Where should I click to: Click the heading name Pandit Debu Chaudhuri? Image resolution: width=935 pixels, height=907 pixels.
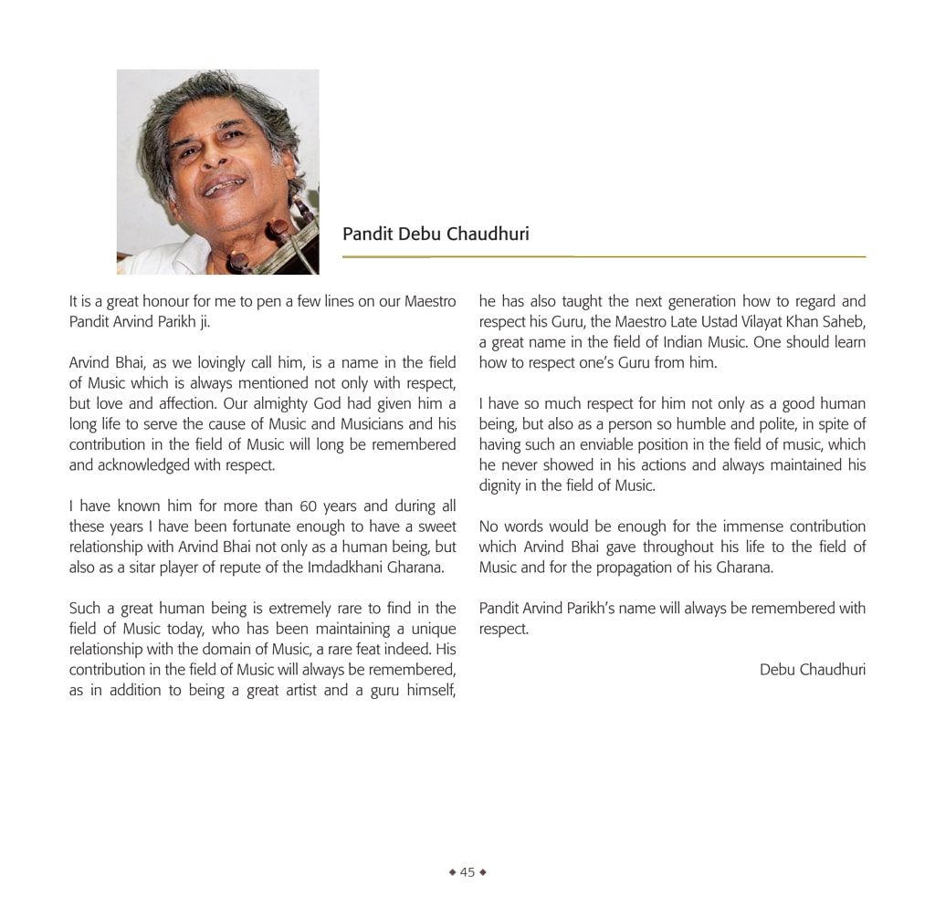[436, 235]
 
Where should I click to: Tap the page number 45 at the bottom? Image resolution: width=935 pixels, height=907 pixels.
[467, 872]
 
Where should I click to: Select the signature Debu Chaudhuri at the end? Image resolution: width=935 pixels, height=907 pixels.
[812, 670]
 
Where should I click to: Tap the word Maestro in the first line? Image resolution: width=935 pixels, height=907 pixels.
[430, 301]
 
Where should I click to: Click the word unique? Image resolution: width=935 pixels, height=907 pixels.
[433, 629]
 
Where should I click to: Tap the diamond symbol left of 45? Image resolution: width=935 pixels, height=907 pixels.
[452, 872]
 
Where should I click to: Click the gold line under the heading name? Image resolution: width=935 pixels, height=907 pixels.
[603, 257]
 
